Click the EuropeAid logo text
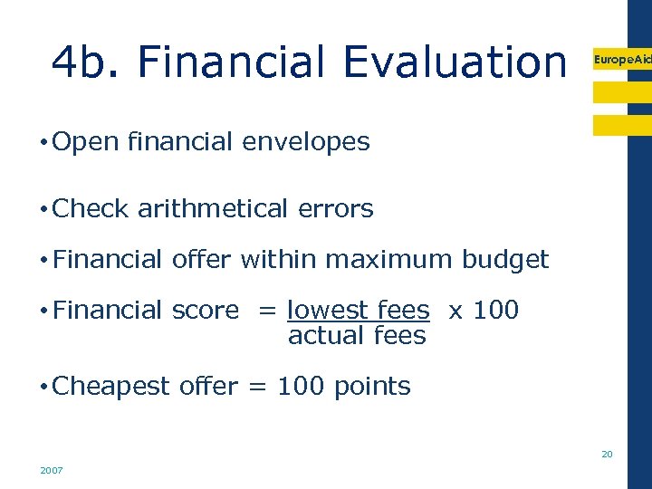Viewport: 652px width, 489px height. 621,59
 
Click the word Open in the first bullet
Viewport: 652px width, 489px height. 87,141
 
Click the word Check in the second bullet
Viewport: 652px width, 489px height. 91,208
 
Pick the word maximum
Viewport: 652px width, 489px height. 389,260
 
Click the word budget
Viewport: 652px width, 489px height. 505,260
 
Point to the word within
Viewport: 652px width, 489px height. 278,260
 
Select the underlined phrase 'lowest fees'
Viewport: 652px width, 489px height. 358,310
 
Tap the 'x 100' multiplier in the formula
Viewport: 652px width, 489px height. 484,310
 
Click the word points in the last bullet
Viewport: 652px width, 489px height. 372,386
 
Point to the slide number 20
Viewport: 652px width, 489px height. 607,454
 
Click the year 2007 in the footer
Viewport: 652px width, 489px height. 51,471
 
